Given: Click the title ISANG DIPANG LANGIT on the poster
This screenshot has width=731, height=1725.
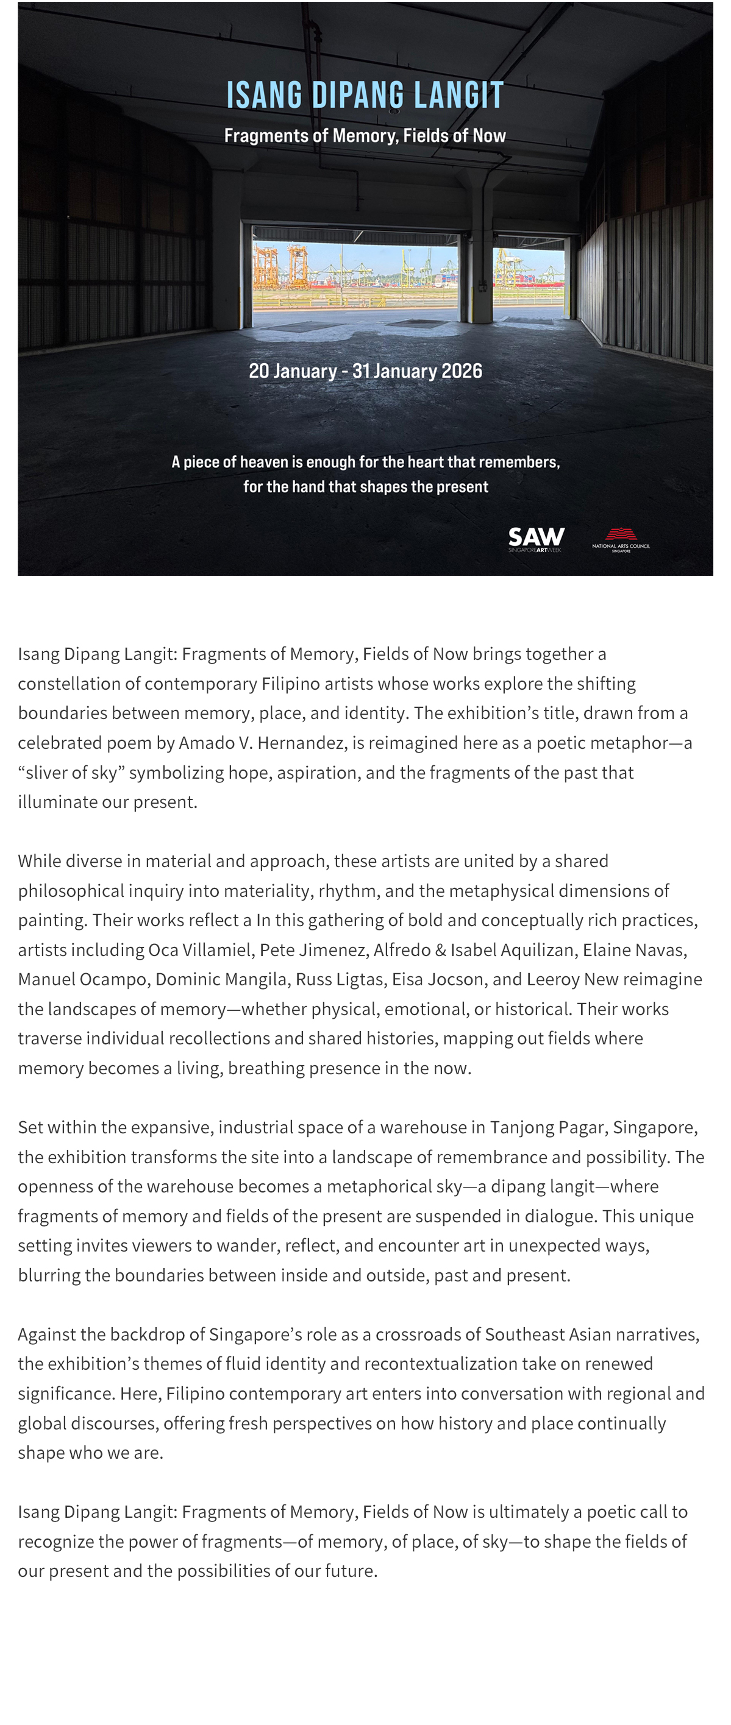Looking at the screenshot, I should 365,96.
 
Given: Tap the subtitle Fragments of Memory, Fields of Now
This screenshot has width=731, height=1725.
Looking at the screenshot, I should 365,136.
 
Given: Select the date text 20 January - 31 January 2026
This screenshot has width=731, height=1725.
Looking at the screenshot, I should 365,371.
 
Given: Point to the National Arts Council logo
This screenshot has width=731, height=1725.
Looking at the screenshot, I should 621,539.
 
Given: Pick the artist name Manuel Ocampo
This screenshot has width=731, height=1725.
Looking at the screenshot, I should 82,979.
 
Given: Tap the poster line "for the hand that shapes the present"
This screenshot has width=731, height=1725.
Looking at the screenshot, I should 365,487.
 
